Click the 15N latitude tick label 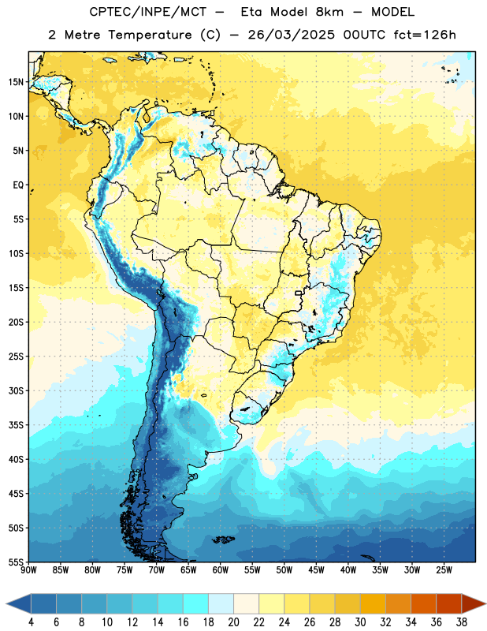click(16, 82)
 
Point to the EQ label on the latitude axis click(18, 185)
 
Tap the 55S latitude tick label click(16, 562)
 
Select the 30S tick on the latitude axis click(16, 390)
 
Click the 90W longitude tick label click(28, 569)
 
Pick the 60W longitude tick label click(221, 569)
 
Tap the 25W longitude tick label click(444, 569)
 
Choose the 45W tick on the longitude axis click(316, 569)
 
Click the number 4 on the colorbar click(31, 622)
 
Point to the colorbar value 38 click(462, 622)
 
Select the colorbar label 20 click(233, 622)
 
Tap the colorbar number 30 click(360, 622)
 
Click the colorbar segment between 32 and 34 click(398, 604)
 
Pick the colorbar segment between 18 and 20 click(221, 604)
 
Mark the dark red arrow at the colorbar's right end click(474, 604)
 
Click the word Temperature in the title click(150, 35)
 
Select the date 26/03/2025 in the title click(291, 35)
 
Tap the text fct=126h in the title click(425, 35)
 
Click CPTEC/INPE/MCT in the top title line click(147, 12)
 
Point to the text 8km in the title click(329, 12)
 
